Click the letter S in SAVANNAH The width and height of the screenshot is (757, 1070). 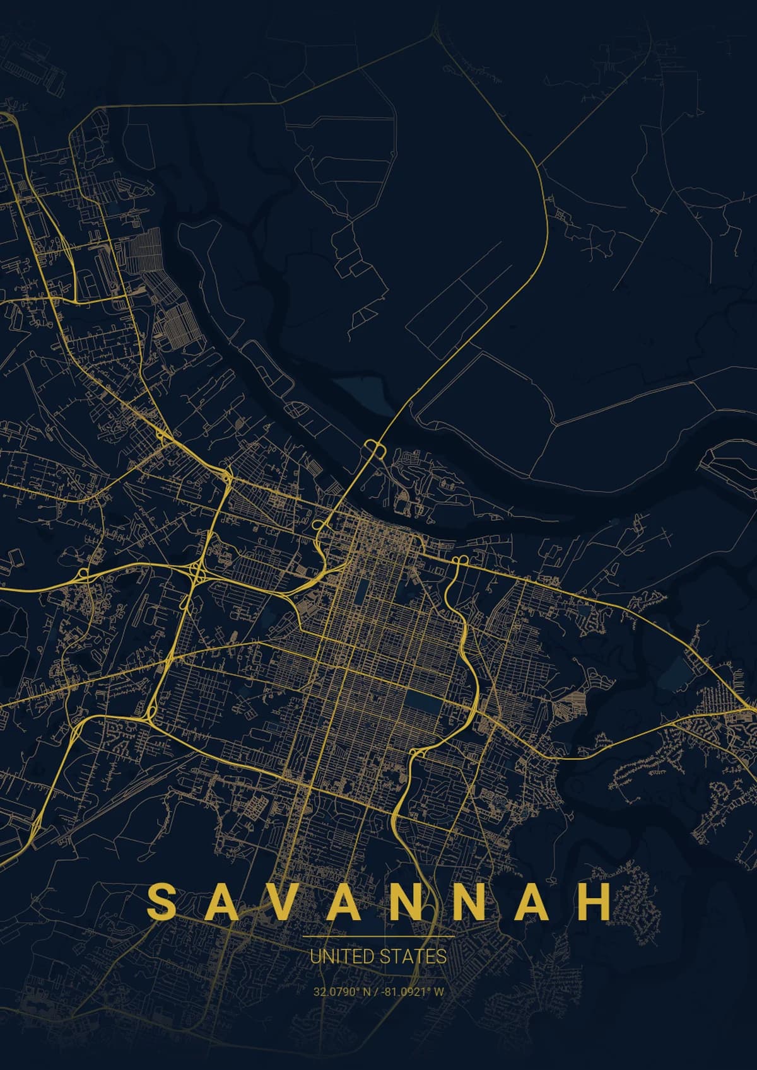click(160, 901)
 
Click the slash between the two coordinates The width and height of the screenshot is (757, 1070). click(378, 992)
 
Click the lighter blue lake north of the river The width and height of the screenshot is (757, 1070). click(358, 392)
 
